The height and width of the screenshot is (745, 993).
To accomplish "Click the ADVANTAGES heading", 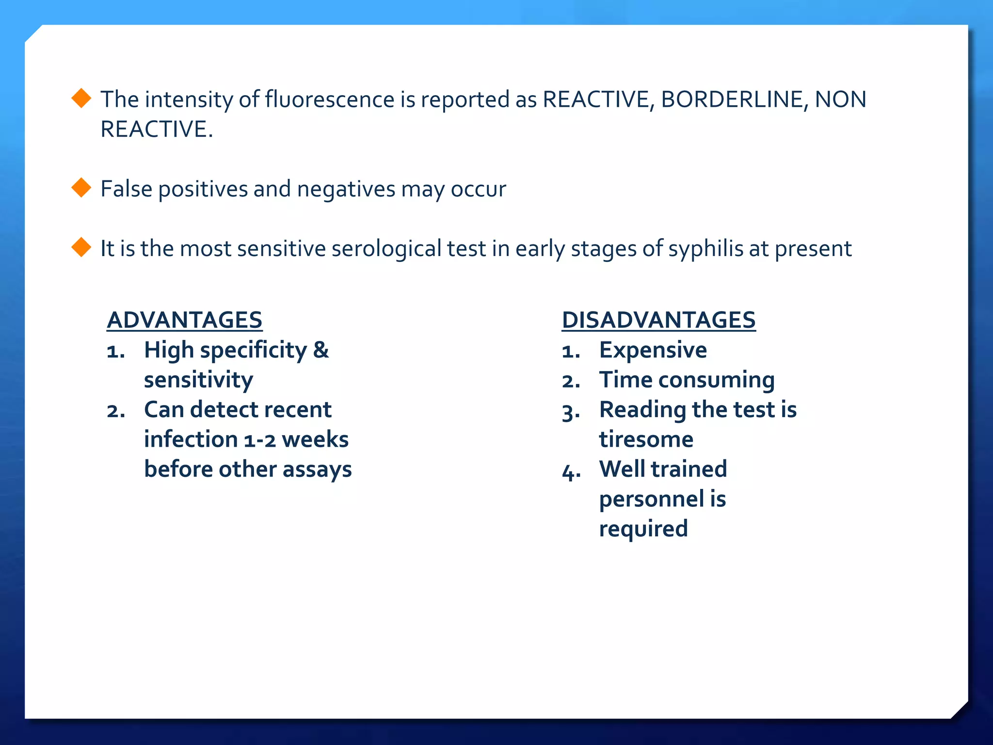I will pos(184,320).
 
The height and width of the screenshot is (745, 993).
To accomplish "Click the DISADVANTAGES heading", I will pos(658,320).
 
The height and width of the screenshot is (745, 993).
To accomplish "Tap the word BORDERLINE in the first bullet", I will pos(732,99).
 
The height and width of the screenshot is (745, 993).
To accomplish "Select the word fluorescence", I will pos(329,99).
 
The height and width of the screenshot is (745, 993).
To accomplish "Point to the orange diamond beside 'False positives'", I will pos(81,188).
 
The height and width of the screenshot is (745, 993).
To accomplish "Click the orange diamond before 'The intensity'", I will pos(81,98).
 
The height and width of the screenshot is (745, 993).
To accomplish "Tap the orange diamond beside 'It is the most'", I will pos(81,247).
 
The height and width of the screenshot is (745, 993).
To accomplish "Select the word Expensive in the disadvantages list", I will pos(653,350).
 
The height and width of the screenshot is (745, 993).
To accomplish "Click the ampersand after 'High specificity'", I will pos(320,350).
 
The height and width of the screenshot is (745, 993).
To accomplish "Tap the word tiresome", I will pos(646,439).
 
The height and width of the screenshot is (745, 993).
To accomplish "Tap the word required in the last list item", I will pos(643,529).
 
